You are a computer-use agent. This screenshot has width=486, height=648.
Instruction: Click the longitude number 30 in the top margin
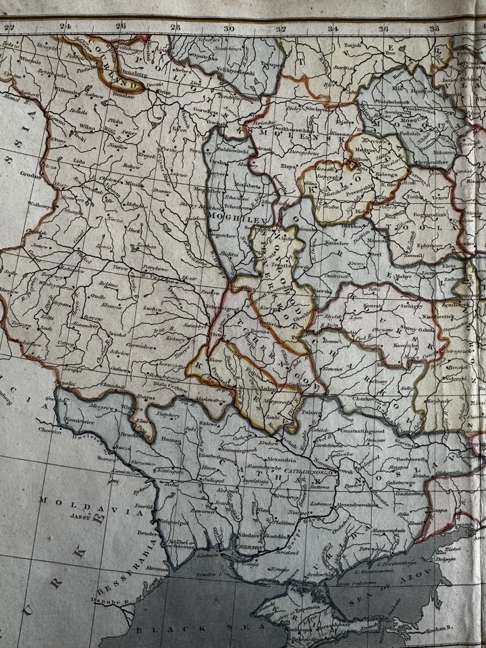229,28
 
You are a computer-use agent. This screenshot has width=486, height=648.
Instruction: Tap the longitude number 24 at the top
65,28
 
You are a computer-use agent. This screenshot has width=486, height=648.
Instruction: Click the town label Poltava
311,411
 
